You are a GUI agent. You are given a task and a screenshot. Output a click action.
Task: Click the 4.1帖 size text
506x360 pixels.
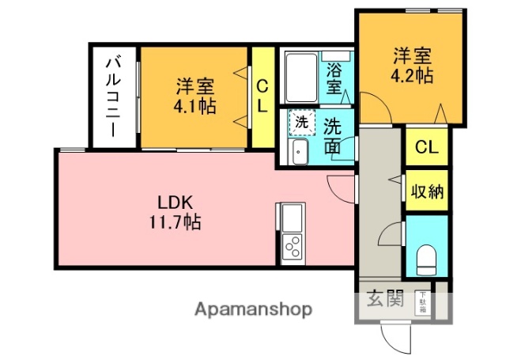point(195,107)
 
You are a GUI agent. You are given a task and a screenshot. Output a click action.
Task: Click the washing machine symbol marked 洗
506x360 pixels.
point(301,123)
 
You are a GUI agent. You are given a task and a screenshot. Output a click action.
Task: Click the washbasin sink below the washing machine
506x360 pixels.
point(299,152)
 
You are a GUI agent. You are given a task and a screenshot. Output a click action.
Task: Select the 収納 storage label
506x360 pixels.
point(427,191)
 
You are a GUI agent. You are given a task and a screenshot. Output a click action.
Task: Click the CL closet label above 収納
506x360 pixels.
point(427,148)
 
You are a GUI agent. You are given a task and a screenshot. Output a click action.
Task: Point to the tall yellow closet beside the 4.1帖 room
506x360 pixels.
point(262,97)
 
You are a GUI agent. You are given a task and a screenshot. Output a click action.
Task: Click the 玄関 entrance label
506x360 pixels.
point(385,300)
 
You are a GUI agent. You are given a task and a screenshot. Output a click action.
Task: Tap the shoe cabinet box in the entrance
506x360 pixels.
point(423,301)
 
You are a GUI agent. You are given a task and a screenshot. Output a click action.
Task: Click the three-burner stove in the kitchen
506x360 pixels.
point(292,248)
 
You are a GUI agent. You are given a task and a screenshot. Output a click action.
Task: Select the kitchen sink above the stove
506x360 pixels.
point(290,217)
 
